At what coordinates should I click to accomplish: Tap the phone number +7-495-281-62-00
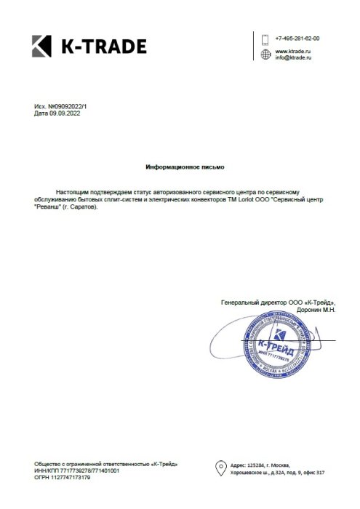[297, 37]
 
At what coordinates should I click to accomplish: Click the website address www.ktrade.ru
[293, 52]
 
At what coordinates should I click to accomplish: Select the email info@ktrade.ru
[292, 58]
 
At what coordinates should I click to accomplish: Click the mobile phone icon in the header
[265, 38]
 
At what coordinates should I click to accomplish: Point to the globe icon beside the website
[265, 55]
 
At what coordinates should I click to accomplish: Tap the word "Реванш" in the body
[47, 206]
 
